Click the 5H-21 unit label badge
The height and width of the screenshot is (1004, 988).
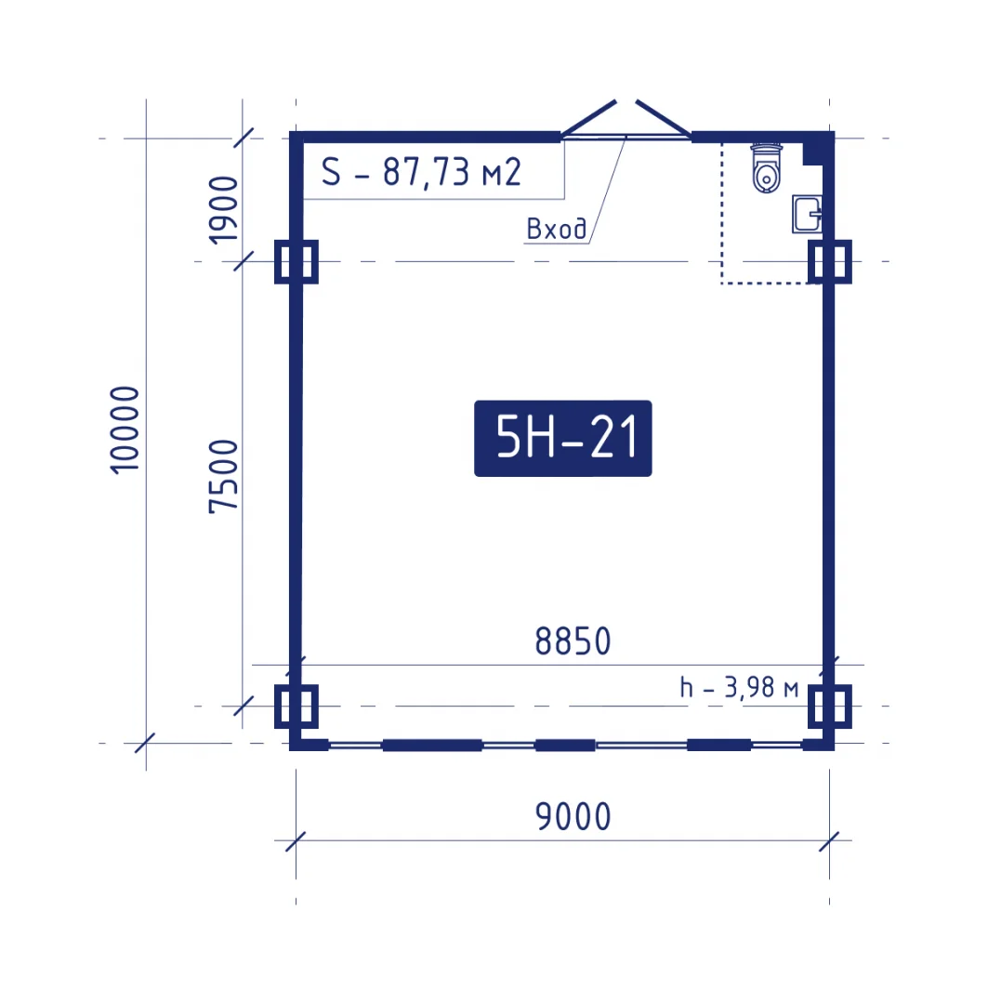pyautogui.click(x=563, y=438)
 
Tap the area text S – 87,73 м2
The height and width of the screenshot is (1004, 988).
pyautogui.click(x=421, y=172)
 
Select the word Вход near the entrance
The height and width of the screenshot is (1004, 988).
pyautogui.click(x=556, y=229)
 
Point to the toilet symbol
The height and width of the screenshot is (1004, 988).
pyautogui.click(x=767, y=167)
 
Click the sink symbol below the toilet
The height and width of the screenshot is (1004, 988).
pyautogui.click(x=807, y=214)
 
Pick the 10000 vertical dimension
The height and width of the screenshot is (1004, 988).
pyautogui.click(x=125, y=429)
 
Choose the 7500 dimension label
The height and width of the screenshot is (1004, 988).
pyautogui.click(x=223, y=476)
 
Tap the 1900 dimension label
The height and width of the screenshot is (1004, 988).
pyautogui.click(x=223, y=210)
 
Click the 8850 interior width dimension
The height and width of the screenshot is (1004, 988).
pyautogui.click(x=573, y=641)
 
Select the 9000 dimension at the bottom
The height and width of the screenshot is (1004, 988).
pyautogui.click(x=573, y=816)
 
